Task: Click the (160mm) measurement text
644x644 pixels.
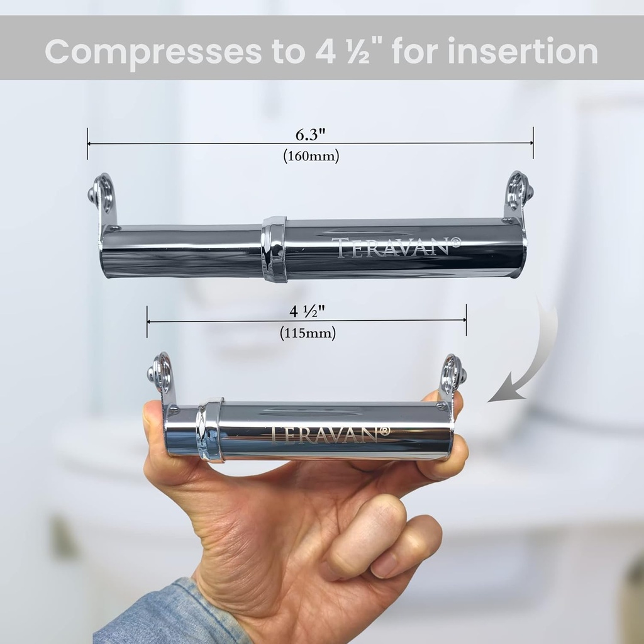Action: (311, 156)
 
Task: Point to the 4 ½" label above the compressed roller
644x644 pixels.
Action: (308, 311)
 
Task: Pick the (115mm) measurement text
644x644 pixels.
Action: (308, 333)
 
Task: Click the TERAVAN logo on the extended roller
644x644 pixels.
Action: (400, 247)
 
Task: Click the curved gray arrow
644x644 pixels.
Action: (528, 358)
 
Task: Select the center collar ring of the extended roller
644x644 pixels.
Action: (274, 248)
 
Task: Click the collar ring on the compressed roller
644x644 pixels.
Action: (210, 430)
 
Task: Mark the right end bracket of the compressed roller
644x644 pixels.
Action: (452, 377)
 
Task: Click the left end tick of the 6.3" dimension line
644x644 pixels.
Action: (87, 143)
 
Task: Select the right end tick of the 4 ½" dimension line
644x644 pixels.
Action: (466, 320)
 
